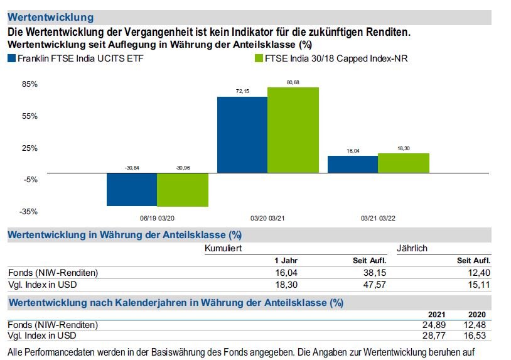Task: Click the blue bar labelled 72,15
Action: [242, 134]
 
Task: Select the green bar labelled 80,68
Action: [293, 130]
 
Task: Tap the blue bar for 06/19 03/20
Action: [131, 189]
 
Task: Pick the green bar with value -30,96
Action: [182, 190]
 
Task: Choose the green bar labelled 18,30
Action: [404, 163]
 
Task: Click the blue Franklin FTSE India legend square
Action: [11, 59]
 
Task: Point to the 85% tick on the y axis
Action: [30, 84]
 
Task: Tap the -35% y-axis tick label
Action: [30, 212]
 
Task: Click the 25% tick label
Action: [30, 148]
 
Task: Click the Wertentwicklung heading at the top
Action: [50, 18]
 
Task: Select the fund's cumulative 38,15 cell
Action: [375, 273]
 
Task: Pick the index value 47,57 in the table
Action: [375, 285]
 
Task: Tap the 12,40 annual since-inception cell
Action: [480, 273]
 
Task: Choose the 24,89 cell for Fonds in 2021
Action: [435, 325]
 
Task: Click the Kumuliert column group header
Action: [223, 248]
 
